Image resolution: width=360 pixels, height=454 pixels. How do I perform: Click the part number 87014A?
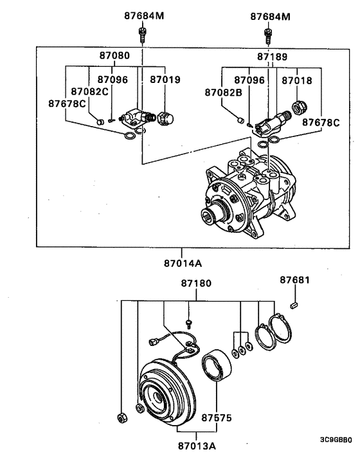(x=183, y=263)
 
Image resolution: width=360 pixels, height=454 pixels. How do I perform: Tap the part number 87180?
(x=195, y=284)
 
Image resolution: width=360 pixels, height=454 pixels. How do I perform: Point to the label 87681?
(x=294, y=280)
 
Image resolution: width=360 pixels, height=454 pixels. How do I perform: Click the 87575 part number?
(x=217, y=417)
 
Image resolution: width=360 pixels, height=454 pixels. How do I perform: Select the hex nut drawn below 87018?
(x=298, y=108)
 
